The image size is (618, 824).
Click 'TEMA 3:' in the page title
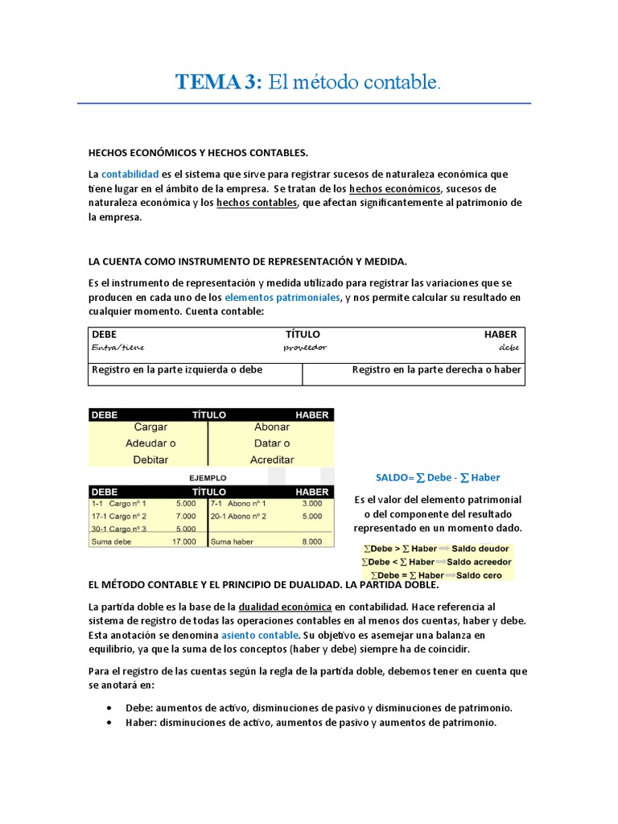point(219,82)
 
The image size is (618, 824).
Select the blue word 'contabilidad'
point(130,175)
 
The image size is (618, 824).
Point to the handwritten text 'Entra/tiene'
point(118,348)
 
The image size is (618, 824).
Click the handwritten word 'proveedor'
point(305,348)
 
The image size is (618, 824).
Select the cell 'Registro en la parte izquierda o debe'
point(177,370)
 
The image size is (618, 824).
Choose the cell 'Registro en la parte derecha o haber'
point(436,370)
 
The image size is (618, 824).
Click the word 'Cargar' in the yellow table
point(150,427)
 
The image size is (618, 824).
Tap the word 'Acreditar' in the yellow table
point(272,459)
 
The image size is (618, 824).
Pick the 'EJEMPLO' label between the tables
point(208,478)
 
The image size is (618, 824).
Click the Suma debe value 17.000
point(183,542)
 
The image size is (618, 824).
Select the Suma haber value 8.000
point(311,542)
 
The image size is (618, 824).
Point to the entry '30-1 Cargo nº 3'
point(119,529)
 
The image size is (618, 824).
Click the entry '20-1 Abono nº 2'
point(238,516)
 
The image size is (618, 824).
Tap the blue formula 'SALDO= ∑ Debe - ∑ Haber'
point(438,478)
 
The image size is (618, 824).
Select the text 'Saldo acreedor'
point(479,562)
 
